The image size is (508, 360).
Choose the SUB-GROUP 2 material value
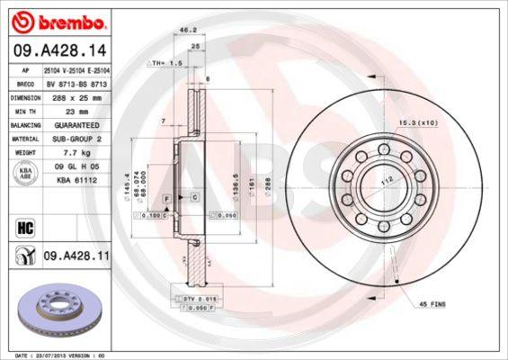point(76,140)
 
